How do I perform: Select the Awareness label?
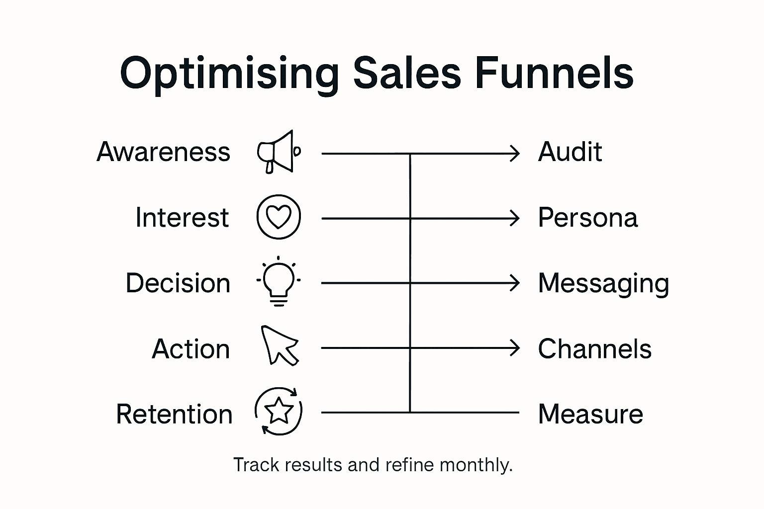point(164,152)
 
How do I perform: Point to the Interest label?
point(182,218)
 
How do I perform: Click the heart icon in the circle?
point(279,217)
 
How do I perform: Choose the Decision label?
point(178,283)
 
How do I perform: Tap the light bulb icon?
point(279,281)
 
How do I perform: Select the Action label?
point(191,349)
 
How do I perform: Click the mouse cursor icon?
point(279,345)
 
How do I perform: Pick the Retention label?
point(174,414)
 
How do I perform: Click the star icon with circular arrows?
point(279,411)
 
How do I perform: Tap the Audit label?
point(570,152)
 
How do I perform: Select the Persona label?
point(588,218)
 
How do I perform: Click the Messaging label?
point(603,283)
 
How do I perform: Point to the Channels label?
point(595,349)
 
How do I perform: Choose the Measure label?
point(590,414)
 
